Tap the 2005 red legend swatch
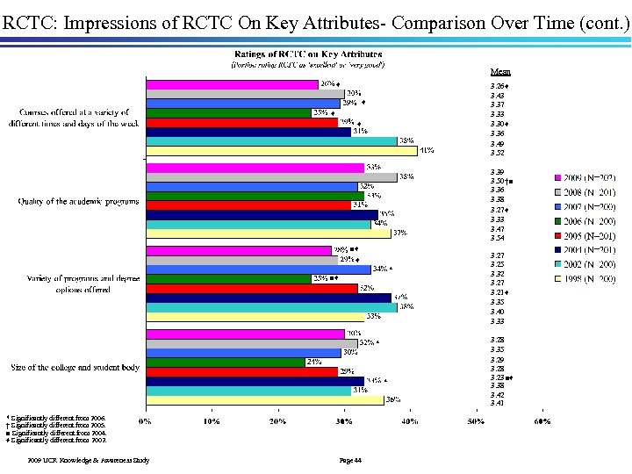tap(558, 236)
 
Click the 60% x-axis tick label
tap(541, 421)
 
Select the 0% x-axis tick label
tap(146, 421)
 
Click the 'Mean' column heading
tap(500, 72)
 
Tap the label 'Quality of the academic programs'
tap(79, 202)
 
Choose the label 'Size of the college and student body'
tap(74, 367)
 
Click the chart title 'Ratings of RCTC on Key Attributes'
tap(307, 54)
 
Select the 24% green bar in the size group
tap(225, 362)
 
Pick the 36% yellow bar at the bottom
tap(264, 399)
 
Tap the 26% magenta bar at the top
tap(232, 84)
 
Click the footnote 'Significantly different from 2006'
tap(57, 420)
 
